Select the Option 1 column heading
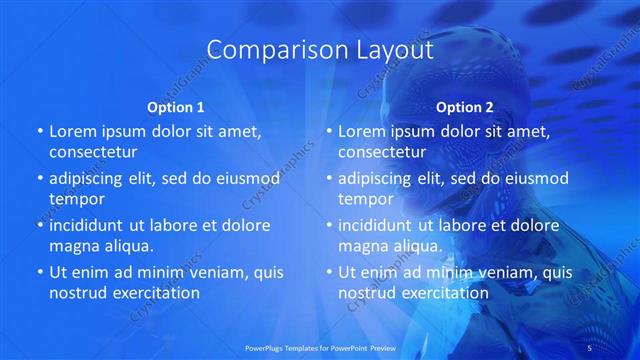tap(176, 107)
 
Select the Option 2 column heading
tap(465, 107)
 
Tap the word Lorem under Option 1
tap(74, 131)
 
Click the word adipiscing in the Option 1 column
tap(92, 178)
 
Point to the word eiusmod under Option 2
tap(535, 178)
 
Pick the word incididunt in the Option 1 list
tap(93, 225)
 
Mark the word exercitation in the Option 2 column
tap(446, 293)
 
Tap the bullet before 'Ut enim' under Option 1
tap(39, 272)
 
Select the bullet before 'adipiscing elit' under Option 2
tap(328, 178)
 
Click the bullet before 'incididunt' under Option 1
tap(39, 225)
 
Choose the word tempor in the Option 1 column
tap(77, 199)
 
